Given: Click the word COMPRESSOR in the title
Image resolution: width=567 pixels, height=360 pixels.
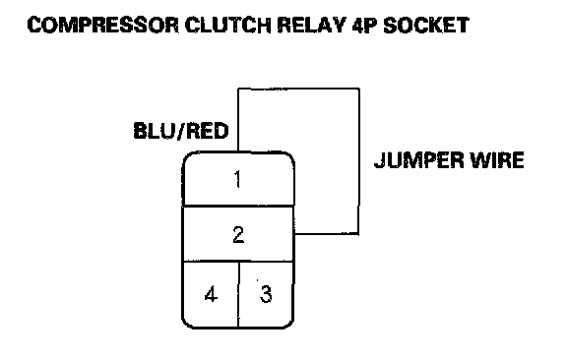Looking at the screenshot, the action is [x=103, y=26].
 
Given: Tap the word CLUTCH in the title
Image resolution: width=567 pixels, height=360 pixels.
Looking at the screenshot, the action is [x=227, y=26].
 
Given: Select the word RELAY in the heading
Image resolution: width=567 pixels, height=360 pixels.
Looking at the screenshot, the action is [x=312, y=26].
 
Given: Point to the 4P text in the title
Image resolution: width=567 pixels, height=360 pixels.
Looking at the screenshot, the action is [x=364, y=26].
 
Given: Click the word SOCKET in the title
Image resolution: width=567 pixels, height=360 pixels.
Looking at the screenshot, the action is [x=426, y=26].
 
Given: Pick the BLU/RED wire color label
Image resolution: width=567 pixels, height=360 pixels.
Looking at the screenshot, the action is [x=181, y=131].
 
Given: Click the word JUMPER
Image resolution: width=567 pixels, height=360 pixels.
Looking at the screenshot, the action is [x=418, y=160].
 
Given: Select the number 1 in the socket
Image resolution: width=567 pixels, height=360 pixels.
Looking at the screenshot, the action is [x=237, y=179].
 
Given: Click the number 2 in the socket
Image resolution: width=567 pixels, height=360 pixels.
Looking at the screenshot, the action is [x=238, y=234].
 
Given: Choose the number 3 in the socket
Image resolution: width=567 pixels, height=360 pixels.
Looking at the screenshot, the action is [x=266, y=293].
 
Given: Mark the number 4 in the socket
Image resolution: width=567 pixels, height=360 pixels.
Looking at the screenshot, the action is [x=211, y=294].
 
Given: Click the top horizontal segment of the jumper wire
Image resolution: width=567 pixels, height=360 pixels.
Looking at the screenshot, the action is [x=298, y=89].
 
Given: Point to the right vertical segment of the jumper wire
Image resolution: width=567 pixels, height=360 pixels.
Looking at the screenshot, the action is [x=358, y=161].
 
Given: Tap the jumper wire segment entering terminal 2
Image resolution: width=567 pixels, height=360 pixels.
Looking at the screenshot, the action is [x=327, y=234].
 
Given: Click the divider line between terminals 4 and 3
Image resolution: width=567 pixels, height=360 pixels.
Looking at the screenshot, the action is [x=238, y=294].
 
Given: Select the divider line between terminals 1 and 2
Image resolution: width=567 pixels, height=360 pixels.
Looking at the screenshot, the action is [x=238, y=206].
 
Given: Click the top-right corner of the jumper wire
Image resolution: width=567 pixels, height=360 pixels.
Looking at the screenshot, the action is [x=359, y=89].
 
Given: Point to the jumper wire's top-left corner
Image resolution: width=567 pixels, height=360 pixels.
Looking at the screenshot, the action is [x=238, y=89].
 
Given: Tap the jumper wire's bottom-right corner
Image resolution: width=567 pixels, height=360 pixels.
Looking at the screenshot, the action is [x=358, y=234].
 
